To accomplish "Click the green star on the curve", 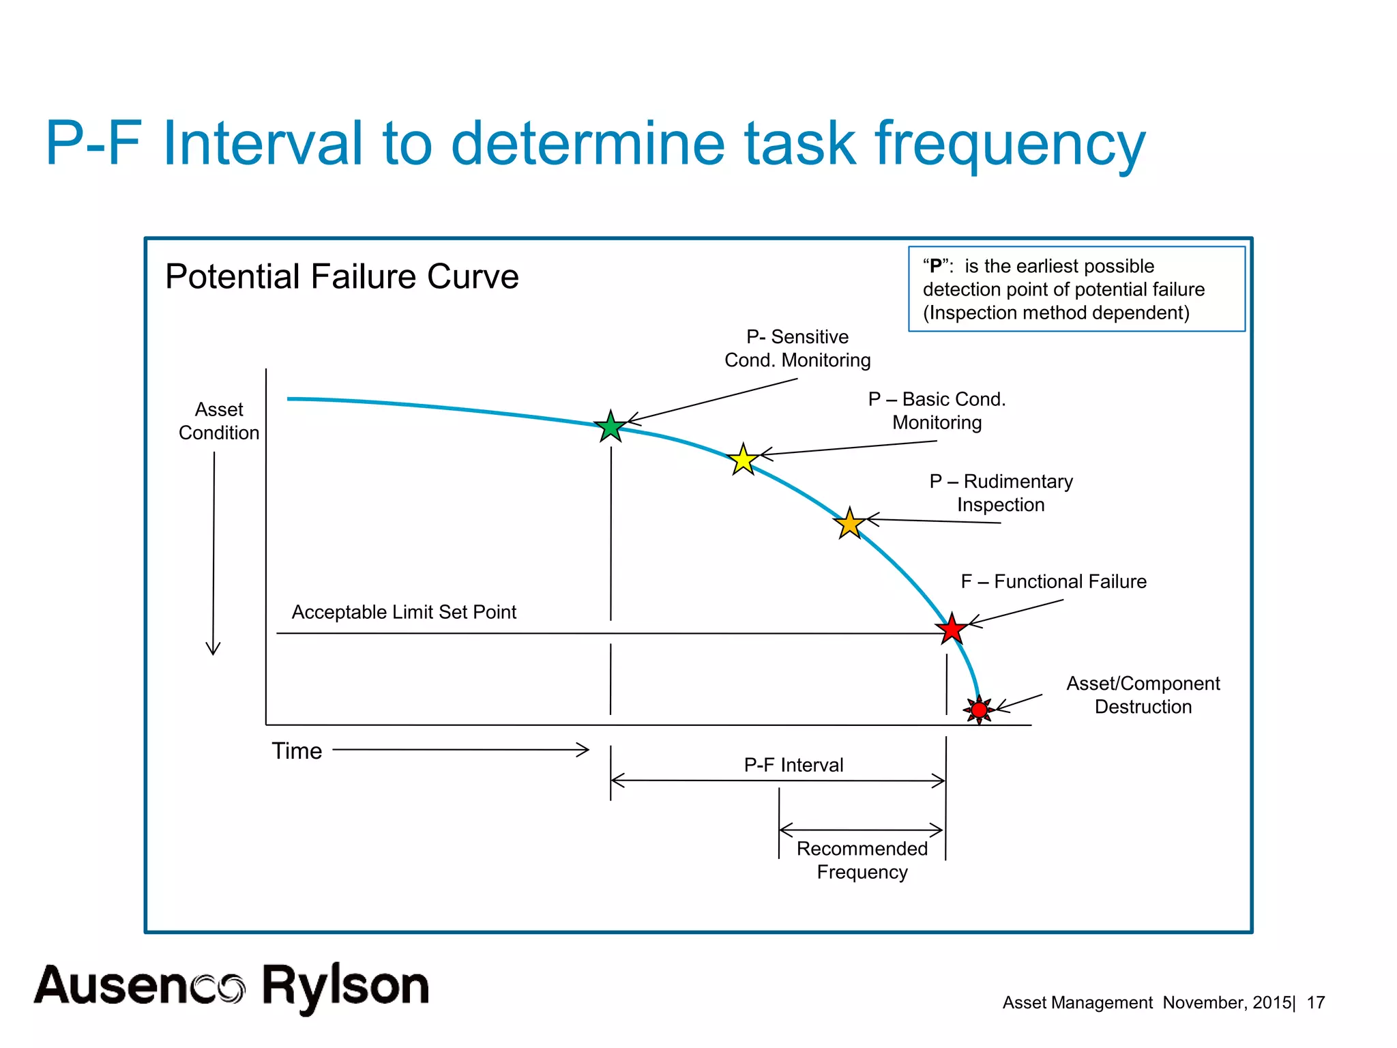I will tap(611, 427).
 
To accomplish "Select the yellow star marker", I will tap(743, 460).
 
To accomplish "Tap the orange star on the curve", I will tap(850, 524).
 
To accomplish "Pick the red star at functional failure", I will tap(952, 628).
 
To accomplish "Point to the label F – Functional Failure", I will tap(1053, 581).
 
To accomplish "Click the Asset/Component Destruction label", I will tap(1143, 695).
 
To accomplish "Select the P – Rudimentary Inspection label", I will tap(1001, 493).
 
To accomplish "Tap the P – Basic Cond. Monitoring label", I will tap(937, 410).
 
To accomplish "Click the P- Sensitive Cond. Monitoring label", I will tap(797, 348).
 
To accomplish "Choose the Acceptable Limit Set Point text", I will tap(404, 612).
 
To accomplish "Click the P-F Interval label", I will tap(793, 765).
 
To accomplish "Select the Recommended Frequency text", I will tap(862, 860).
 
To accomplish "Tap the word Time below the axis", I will tap(297, 751).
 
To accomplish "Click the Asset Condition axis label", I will tap(219, 421).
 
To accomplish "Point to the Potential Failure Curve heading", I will tap(342, 276).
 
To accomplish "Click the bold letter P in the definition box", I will tap(936, 266).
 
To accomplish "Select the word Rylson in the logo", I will tap(346, 986).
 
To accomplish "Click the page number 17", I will tap(1315, 1002).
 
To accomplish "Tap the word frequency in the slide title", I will tap(1010, 145).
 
